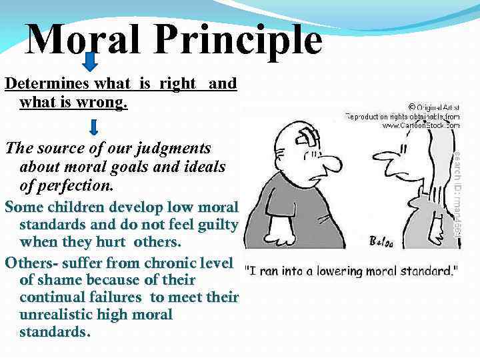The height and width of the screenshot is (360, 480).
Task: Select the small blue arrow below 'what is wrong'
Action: click(x=93, y=127)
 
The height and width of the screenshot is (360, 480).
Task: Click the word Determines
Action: click(x=46, y=84)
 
